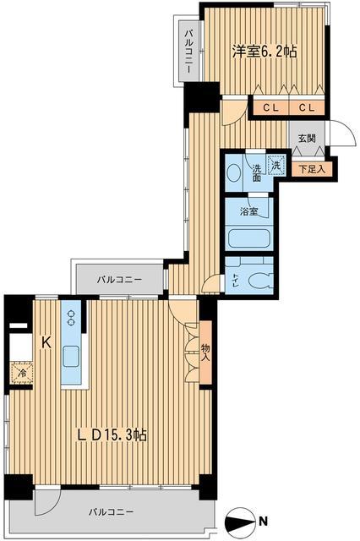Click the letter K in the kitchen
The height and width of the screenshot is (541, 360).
47,342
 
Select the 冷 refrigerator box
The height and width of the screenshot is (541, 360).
19,372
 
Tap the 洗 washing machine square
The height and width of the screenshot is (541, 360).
276,167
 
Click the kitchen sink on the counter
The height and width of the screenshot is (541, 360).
70,355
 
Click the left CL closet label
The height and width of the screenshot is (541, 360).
270,107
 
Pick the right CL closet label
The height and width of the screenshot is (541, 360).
307,107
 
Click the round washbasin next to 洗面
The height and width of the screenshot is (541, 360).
235,174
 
